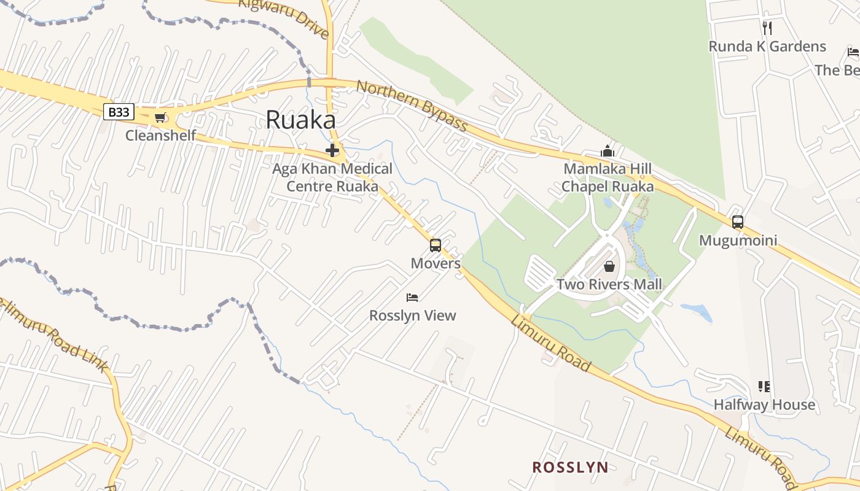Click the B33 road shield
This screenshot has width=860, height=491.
click(x=118, y=112)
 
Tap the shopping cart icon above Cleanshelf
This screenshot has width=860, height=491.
click(x=160, y=118)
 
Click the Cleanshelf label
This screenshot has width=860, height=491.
click(x=160, y=135)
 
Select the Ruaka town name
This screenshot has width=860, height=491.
click(x=300, y=120)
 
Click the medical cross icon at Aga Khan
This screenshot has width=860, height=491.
click(x=332, y=150)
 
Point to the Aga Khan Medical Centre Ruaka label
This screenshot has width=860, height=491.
click(x=332, y=177)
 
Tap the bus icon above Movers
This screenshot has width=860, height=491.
click(x=436, y=245)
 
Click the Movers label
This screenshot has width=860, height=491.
click(x=436, y=263)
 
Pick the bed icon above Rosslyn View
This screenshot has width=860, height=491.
click(x=412, y=298)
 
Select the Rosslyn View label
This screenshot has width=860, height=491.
click(x=412, y=315)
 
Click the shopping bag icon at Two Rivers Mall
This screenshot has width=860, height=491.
click(x=609, y=266)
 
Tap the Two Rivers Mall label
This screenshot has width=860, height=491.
click(x=609, y=284)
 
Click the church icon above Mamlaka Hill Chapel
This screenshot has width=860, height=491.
click(x=608, y=151)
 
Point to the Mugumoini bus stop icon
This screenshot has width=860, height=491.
click(x=738, y=222)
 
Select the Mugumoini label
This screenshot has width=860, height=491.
click(x=738, y=240)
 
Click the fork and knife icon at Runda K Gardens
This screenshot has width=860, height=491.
click(x=767, y=28)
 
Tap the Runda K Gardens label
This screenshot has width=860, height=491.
click(x=767, y=46)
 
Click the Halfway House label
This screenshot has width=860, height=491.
click(x=764, y=404)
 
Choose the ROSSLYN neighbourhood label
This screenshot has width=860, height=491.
click(x=570, y=467)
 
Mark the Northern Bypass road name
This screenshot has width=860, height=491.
click(x=412, y=106)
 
